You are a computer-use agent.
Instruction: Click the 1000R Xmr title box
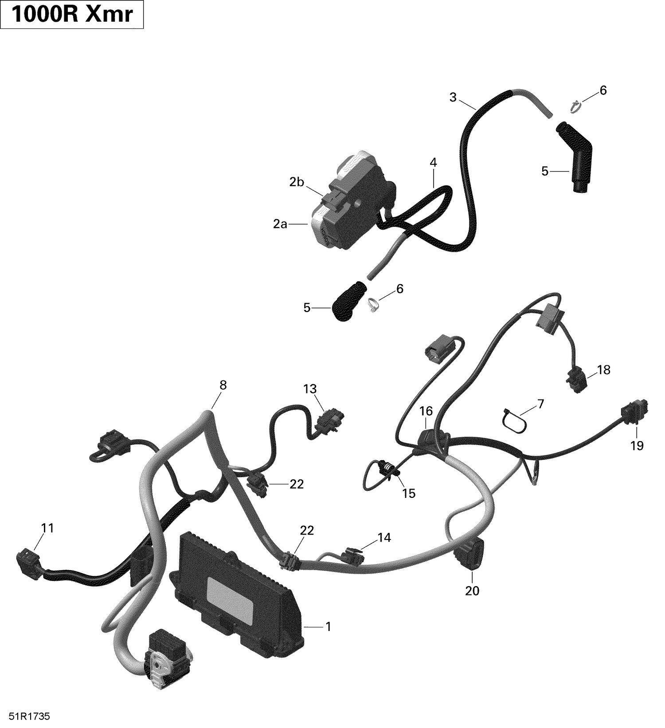72,15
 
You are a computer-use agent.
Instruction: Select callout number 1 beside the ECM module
328,626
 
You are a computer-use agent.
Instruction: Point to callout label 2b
297,182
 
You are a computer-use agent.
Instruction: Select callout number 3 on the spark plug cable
453,98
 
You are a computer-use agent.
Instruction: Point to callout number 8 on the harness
223,385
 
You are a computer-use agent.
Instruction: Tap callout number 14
384,537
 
